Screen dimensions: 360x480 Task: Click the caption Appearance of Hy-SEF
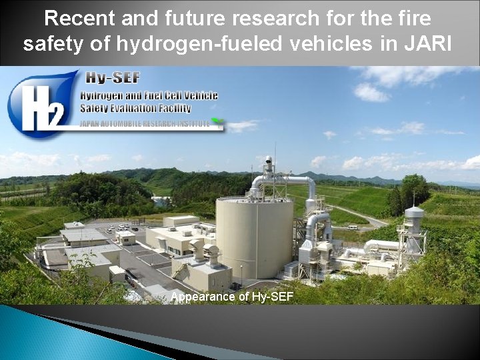231,297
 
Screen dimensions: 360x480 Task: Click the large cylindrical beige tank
254,237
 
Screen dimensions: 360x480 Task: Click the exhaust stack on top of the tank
268,170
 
